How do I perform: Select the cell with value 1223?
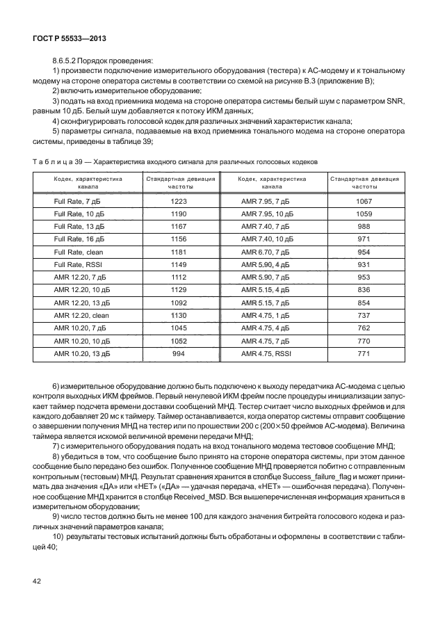[x=179, y=201]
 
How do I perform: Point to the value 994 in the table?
[x=179, y=353]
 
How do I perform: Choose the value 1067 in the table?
[x=364, y=201]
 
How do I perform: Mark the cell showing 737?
[x=364, y=315]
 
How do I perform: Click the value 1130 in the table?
[x=179, y=315]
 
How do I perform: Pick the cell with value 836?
[x=364, y=289]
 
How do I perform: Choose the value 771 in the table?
[x=364, y=353]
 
